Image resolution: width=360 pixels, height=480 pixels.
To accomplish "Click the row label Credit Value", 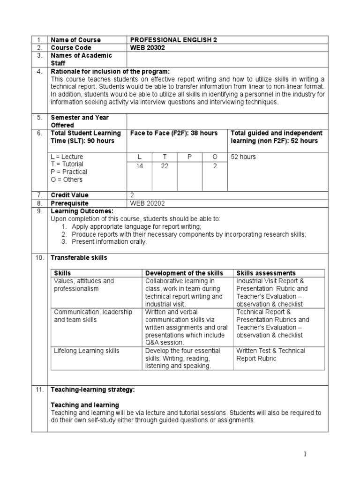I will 69,195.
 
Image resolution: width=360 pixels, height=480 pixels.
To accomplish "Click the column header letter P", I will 190,157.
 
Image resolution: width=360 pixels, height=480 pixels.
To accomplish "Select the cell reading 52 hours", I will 243,157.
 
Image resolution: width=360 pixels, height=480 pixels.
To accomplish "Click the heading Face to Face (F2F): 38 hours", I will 174,134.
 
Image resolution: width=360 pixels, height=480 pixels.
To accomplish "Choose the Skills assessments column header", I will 266,273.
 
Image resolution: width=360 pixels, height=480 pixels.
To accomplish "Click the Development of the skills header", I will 184,273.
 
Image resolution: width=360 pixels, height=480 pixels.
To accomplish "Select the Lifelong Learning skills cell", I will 87,351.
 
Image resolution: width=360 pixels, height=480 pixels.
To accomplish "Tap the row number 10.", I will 40,258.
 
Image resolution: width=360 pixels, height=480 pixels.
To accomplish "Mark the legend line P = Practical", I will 68,172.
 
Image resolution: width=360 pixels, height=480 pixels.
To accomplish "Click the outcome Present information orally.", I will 110,242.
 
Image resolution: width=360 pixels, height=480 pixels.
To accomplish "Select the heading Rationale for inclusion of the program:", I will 110,71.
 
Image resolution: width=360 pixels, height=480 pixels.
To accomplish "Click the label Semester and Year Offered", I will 80,121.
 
